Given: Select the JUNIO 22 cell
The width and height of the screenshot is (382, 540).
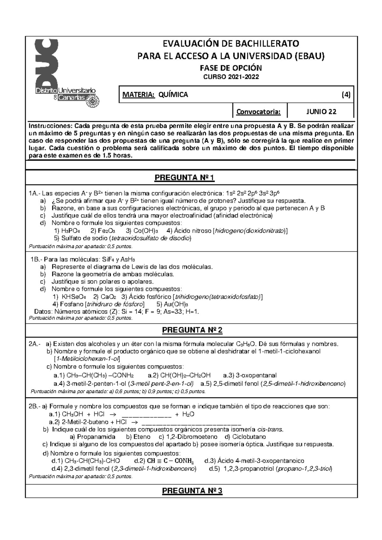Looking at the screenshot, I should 321,111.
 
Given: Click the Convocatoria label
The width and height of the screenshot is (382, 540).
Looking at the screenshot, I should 258,112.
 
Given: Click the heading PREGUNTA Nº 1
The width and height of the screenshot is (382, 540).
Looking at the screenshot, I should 184,178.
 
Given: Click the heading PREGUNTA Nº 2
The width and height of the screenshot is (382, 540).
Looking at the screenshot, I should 192,330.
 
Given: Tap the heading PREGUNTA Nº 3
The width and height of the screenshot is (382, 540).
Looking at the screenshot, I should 192,491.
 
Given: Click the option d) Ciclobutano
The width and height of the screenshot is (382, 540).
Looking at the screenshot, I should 245,437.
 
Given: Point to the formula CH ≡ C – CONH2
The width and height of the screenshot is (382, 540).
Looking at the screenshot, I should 171,461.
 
